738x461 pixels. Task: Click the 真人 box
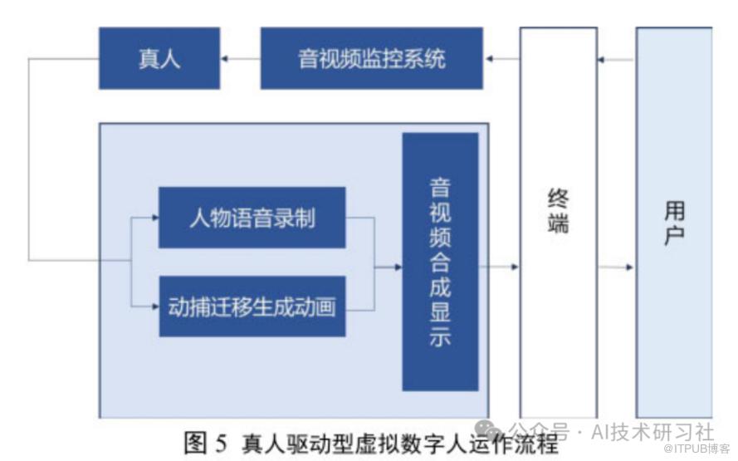[159, 58]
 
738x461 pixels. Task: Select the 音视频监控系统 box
[371, 58]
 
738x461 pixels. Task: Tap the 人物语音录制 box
[252, 218]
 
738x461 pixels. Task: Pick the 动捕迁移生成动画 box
[252, 307]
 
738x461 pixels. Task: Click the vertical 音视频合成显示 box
[440, 262]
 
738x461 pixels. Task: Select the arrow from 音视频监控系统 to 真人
[240, 59]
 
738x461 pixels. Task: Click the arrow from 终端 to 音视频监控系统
[501, 59]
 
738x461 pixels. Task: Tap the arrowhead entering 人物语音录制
[154, 218]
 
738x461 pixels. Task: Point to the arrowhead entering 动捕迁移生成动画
[154, 307]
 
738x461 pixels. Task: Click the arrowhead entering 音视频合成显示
[398, 267]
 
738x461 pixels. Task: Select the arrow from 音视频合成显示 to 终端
[499, 267]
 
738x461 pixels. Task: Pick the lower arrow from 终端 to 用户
[617, 267]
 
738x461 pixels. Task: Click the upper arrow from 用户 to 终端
[617, 59]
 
